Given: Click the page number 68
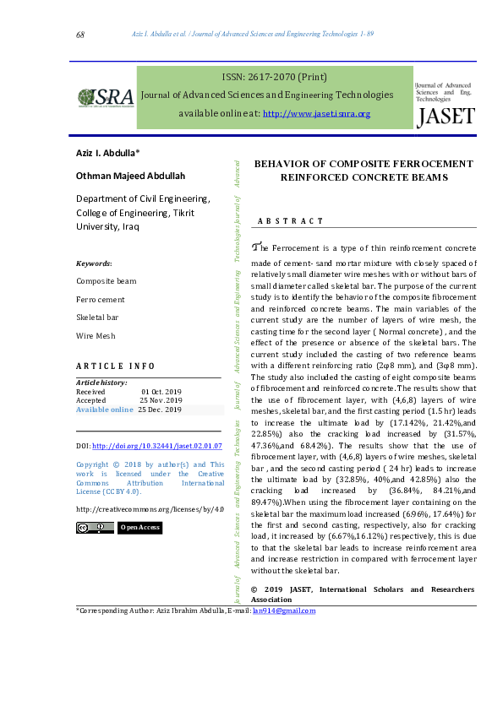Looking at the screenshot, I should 80,35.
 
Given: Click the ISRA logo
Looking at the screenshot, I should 106,97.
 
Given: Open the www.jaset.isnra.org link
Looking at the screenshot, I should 317,114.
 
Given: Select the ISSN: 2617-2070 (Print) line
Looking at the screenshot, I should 274,75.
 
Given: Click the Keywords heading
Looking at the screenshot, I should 94,263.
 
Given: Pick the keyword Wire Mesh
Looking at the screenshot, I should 96,335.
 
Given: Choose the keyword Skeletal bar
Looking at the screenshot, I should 99,318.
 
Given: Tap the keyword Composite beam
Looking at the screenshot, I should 106,281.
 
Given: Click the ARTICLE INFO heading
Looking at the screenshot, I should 116,366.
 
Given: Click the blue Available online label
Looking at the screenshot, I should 105,410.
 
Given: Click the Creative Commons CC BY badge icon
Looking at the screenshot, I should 95,528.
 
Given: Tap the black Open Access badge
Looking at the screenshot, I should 139,528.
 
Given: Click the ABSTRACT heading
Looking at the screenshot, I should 291,221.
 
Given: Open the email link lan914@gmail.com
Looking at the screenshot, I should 283,611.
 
